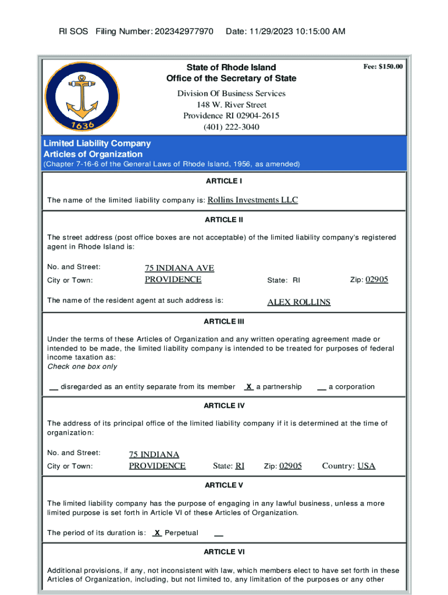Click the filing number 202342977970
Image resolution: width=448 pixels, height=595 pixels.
click(x=184, y=31)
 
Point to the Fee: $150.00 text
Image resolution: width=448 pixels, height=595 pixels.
click(x=383, y=67)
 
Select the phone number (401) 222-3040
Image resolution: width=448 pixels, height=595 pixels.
click(x=231, y=127)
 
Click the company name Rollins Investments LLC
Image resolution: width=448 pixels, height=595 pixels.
click(x=253, y=200)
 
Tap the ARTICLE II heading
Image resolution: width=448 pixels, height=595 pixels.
click(x=224, y=220)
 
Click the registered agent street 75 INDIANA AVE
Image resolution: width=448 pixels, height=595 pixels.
click(x=179, y=268)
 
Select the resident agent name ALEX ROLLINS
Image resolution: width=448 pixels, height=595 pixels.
click(x=298, y=302)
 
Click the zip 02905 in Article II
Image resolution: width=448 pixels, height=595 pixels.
click(x=377, y=279)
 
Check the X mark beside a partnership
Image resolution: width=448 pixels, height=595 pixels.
click(x=248, y=386)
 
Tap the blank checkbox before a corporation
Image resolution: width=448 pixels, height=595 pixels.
click(x=321, y=387)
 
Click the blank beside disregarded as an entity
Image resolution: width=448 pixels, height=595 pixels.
click(x=53, y=387)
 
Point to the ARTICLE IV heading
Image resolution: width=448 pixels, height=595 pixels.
click(x=224, y=406)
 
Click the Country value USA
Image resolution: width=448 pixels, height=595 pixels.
click(x=366, y=465)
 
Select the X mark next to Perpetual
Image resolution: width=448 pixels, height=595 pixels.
click(x=157, y=533)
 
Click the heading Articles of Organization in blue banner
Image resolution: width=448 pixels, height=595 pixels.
click(x=93, y=154)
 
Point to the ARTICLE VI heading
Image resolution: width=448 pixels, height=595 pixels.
click(x=224, y=551)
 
